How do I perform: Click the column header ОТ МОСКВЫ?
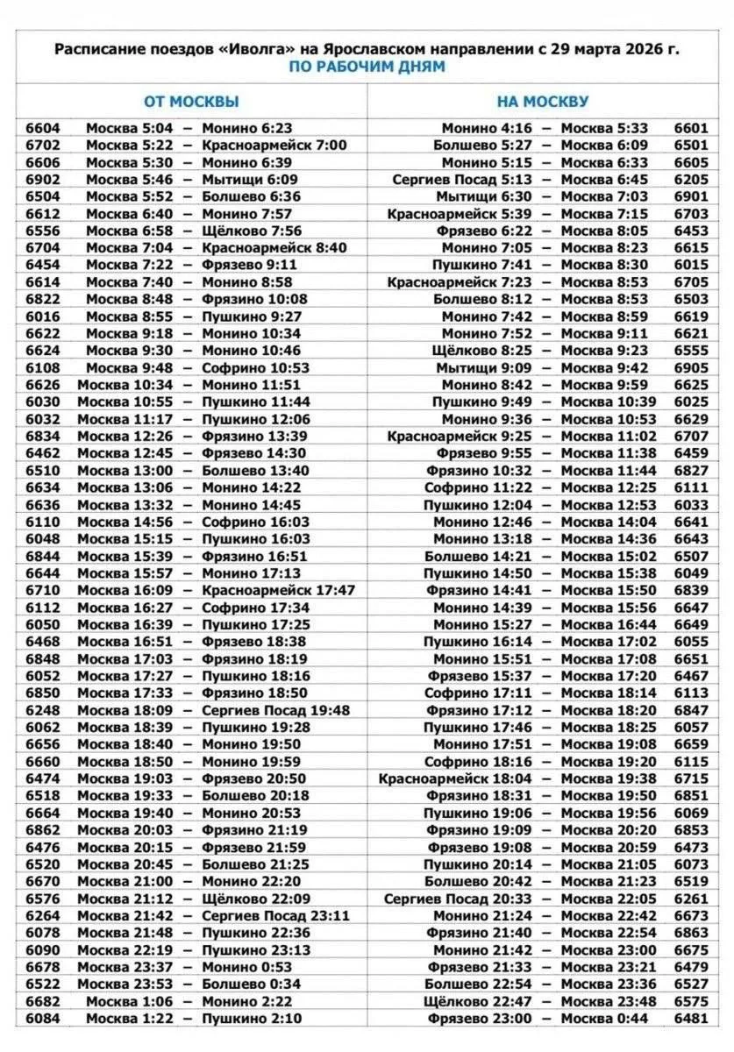point(191,101)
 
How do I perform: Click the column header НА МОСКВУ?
point(543,101)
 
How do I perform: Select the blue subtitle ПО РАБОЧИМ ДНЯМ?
point(367,67)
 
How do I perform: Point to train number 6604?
point(43,128)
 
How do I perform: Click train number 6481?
point(690,1018)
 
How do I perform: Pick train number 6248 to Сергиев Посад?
point(43,710)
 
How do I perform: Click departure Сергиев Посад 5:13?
point(461,179)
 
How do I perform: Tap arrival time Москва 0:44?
point(604,1018)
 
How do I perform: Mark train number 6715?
point(690,778)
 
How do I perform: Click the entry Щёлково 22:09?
point(251,899)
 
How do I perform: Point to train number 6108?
point(43,367)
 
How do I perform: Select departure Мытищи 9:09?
point(484,367)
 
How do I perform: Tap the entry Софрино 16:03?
point(255,522)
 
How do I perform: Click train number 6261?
point(690,899)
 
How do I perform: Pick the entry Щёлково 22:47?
point(477,1000)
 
